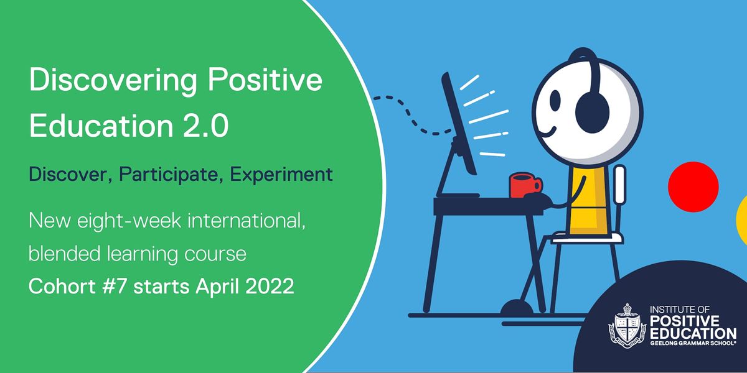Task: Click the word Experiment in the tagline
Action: (x=281, y=174)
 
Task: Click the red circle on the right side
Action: (x=693, y=186)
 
